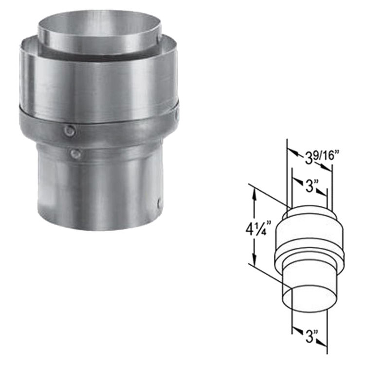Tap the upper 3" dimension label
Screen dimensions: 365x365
pos(310,186)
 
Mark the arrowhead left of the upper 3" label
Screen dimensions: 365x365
pos(295,181)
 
